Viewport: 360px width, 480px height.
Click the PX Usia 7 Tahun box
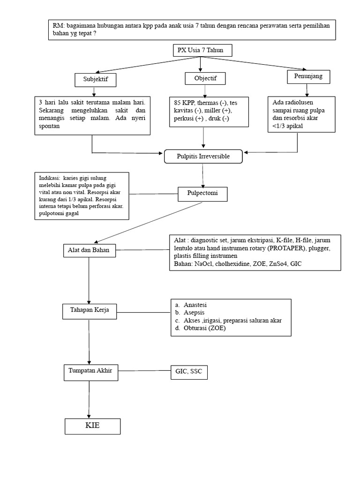201,50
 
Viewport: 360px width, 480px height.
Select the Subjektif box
95,80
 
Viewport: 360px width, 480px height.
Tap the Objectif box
205,79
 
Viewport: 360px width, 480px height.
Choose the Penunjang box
307,76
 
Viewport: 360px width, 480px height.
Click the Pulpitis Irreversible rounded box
203,156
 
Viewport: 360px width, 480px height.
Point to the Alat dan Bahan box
89,250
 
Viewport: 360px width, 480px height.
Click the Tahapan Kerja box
89,310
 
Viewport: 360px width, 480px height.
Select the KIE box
93,426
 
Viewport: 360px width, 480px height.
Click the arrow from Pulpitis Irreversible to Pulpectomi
203,175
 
